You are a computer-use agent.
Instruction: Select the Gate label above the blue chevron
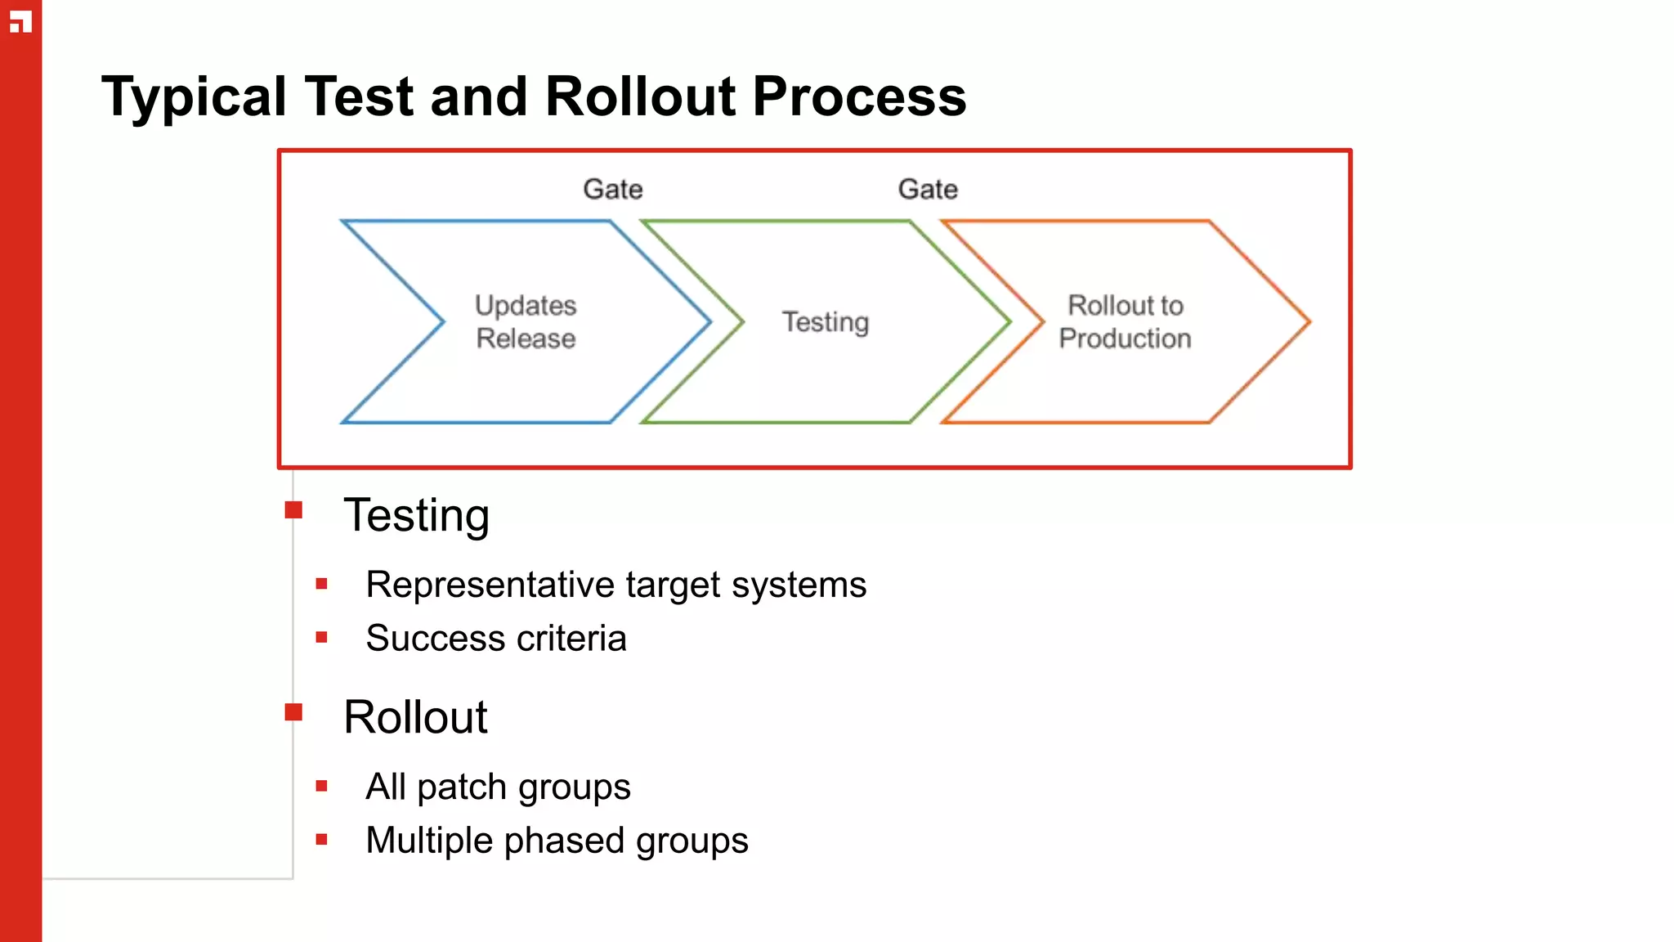(x=613, y=190)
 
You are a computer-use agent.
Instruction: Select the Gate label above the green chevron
(x=928, y=190)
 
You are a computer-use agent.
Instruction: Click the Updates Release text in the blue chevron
(x=526, y=322)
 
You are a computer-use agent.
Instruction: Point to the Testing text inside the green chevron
(x=826, y=322)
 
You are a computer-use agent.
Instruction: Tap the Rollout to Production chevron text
(x=1125, y=322)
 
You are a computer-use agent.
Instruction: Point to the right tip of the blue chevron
(x=708, y=322)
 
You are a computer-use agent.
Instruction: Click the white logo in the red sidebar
(x=20, y=22)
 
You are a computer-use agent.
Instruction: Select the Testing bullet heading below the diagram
(x=416, y=516)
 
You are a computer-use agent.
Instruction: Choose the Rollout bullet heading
(x=415, y=718)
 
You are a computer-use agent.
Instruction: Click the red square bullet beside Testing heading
(x=293, y=511)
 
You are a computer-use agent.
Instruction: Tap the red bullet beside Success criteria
(x=321, y=638)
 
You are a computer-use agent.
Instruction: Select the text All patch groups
(x=498, y=787)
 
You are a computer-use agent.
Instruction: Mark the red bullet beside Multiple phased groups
(x=321, y=840)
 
